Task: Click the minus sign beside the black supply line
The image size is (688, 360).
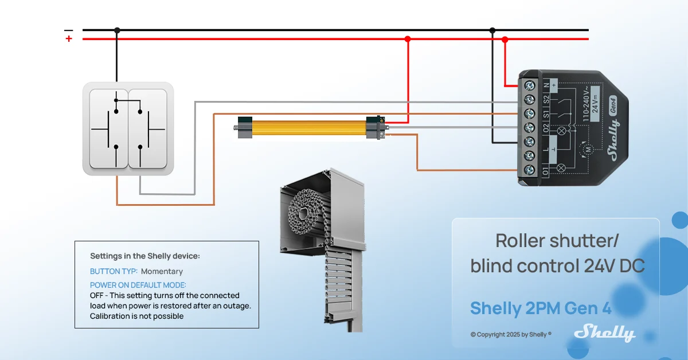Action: [68, 30]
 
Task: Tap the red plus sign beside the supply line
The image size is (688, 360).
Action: [69, 39]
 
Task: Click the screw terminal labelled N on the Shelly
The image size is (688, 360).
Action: [529, 85]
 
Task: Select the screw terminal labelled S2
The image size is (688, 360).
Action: [529, 100]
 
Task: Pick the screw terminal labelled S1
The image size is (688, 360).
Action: [529, 114]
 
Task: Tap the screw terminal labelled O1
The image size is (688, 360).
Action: [529, 170]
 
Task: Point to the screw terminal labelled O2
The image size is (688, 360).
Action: [529, 128]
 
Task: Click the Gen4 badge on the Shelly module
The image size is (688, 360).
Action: [613, 106]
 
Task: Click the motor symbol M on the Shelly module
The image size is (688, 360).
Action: [588, 150]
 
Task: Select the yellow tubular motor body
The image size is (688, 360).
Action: [309, 128]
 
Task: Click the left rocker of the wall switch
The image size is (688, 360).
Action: [108, 128]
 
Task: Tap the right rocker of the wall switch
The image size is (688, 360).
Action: [148, 128]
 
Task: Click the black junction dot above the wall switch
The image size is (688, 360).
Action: [117, 30]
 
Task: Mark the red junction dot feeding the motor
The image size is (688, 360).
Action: [408, 39]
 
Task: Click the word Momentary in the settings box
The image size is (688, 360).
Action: [162, 271]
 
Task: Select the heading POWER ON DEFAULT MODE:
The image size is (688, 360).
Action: [138, 285]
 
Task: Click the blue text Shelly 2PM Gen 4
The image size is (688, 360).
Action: [541, 308]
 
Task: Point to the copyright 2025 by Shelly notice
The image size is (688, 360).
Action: [511, 334]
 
